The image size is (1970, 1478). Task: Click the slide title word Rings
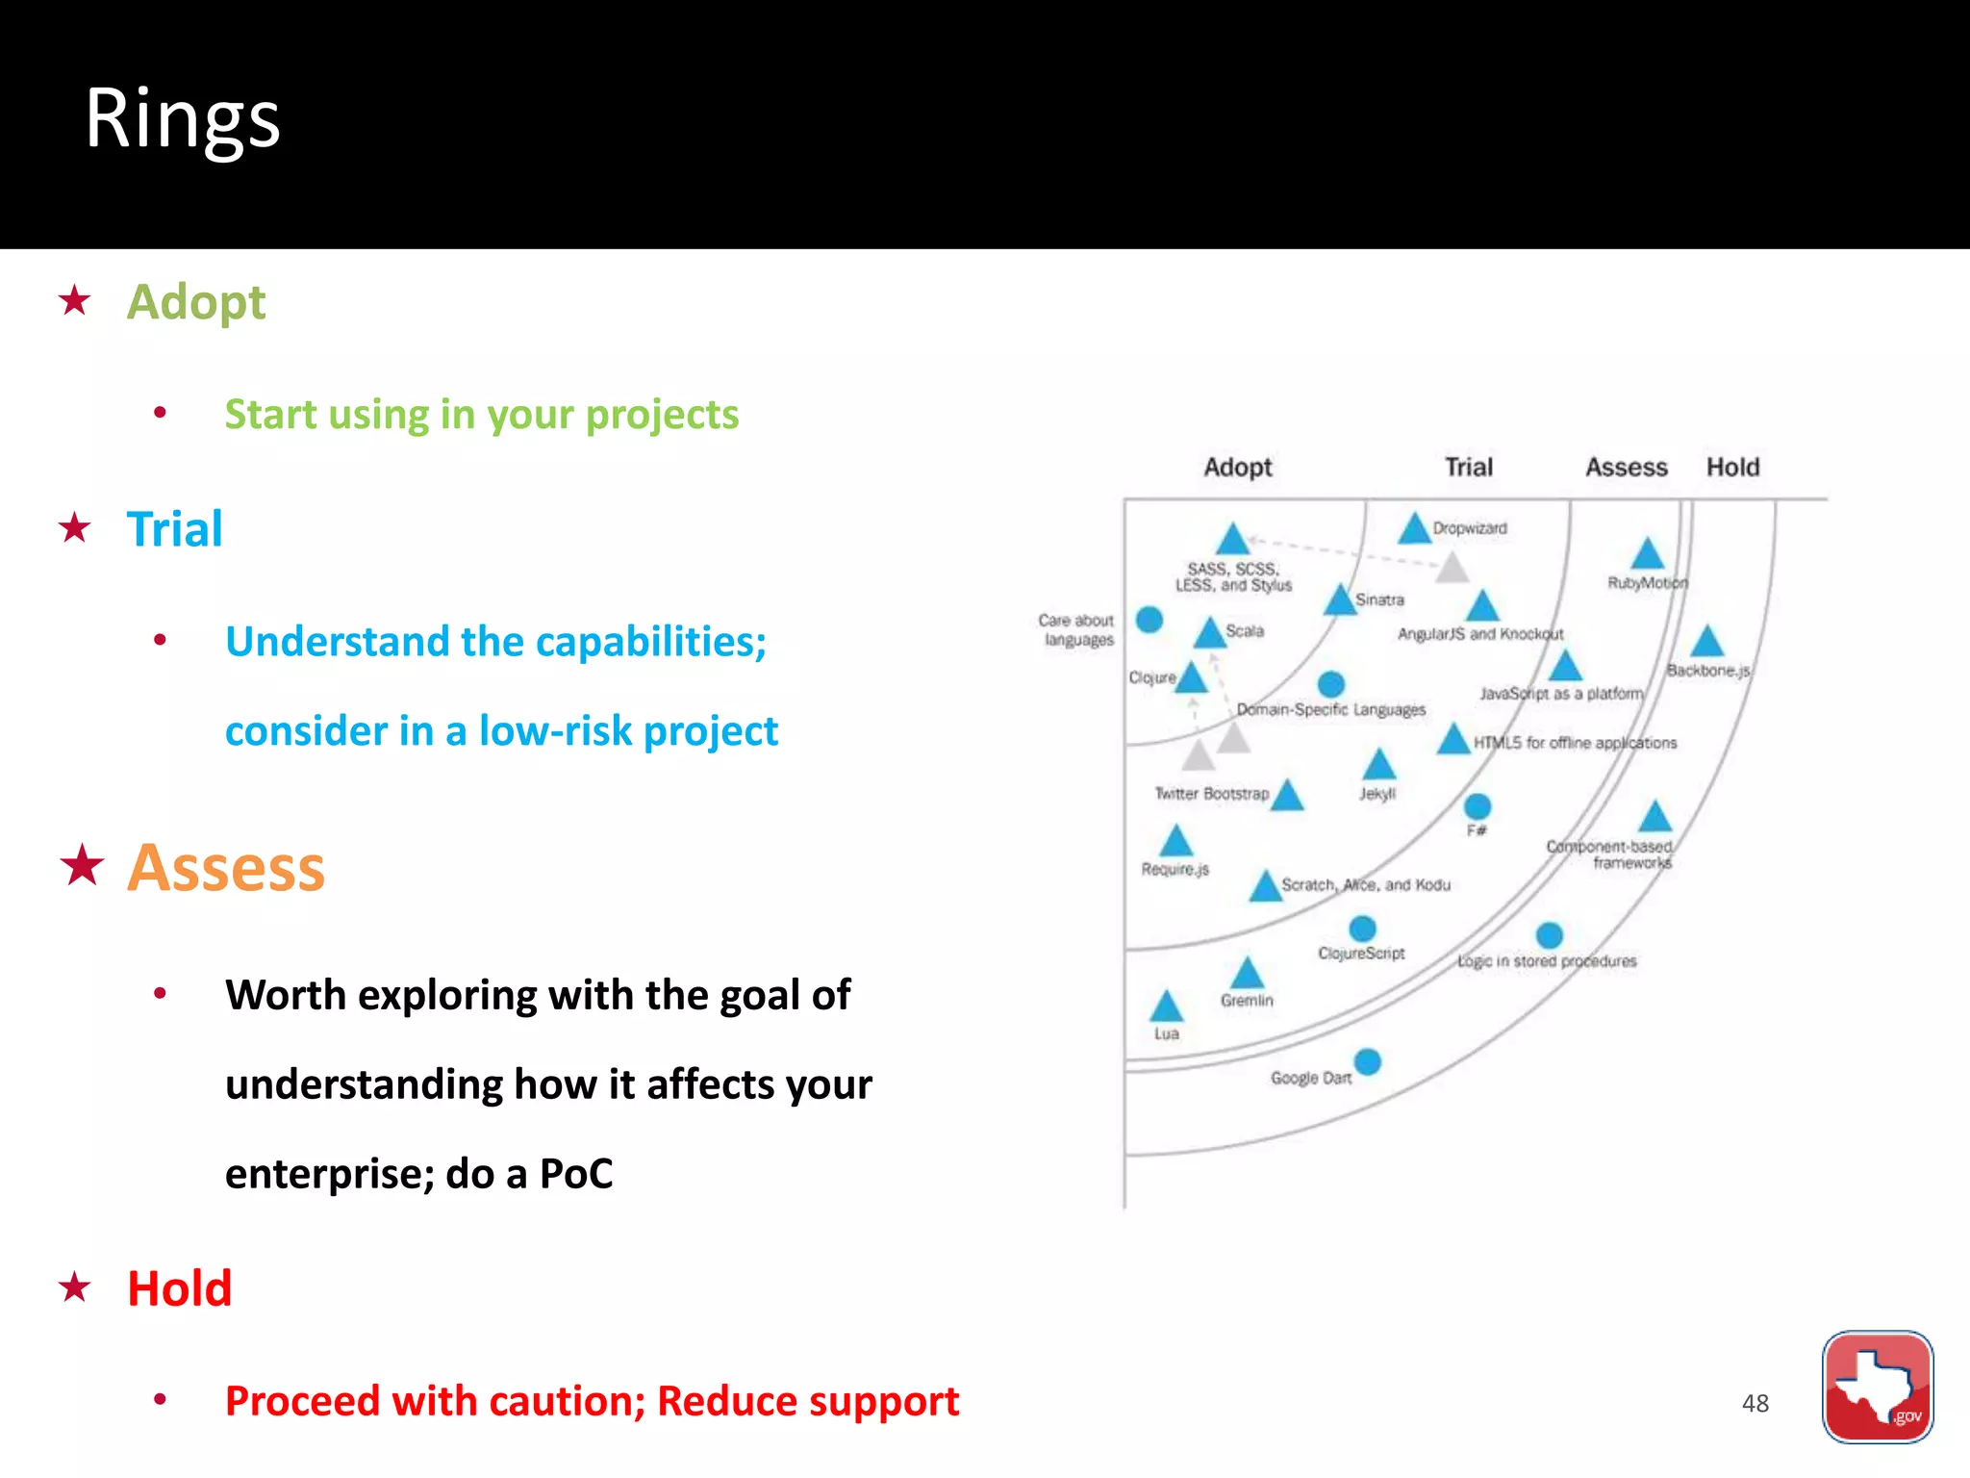183,119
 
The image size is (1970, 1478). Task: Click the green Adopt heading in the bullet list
196,302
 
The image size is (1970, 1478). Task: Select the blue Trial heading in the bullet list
174,528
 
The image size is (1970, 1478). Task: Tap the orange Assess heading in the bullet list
226,867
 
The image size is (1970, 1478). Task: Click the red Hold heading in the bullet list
180,1287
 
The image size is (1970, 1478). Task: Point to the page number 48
1755,1403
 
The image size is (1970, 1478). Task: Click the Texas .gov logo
1877,1386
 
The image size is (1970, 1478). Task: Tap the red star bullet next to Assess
82,865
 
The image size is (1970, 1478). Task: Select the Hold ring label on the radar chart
1732,468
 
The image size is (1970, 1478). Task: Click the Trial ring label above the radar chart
1468,468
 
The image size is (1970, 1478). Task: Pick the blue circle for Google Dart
1367,1062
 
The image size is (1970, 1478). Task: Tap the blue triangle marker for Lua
1166,1007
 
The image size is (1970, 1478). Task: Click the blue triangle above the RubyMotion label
1647,554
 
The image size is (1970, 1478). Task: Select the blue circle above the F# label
1477,806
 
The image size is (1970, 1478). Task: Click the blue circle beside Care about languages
1149,620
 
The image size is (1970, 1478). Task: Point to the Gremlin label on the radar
1247,1001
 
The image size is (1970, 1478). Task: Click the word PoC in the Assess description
575,1174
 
